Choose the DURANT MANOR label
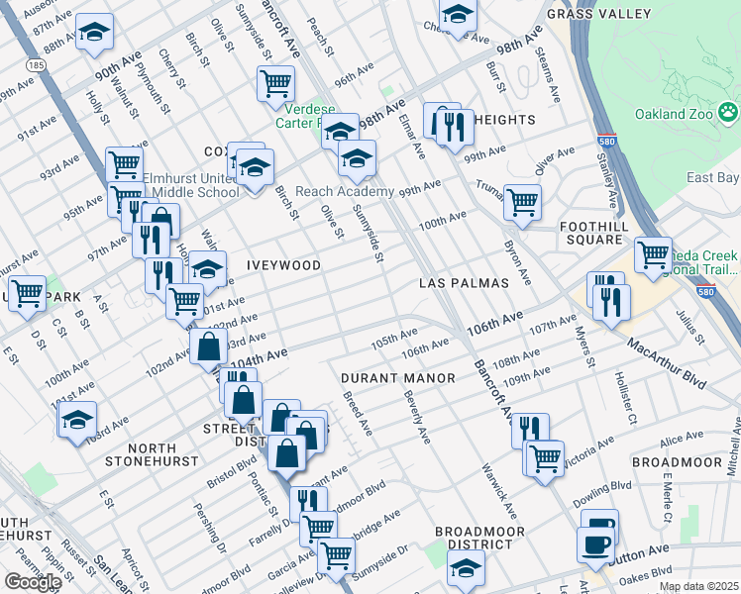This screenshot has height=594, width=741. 397,378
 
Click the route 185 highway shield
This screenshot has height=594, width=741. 37,64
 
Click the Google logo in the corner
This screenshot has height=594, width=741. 32,582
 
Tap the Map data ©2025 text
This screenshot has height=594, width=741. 698,586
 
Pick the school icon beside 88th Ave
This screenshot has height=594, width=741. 94,33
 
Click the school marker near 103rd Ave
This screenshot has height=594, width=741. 76,420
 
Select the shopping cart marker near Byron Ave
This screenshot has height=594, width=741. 522,202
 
